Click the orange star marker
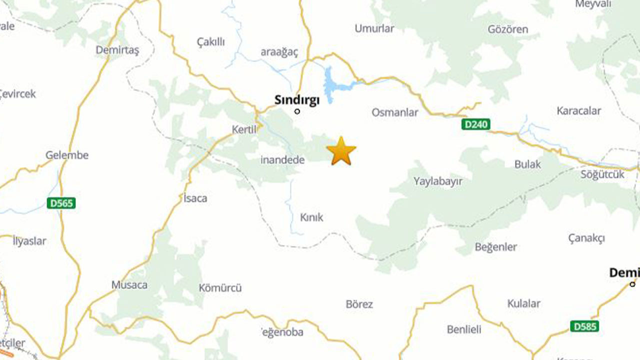click(x=341, y=150)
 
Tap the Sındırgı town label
click(x=297, y=100)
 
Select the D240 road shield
click(x=476, y=124)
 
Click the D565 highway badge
click(x=61, y=203)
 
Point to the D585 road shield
click(x=584, y=326)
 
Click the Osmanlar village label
click(x=394, y=112)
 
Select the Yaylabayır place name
click(x=438, y=181)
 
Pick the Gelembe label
click(x=67, y=155)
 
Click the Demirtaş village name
click(x=117, y=50)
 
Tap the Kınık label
click(x=311, y=217)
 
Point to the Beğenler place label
click(x=496, y=247)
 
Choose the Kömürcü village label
click(x=220, y=288)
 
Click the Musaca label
click(x=129, y=285)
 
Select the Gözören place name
click(x=507, y=29)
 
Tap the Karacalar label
click(x=579, y=111)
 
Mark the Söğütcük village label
click(x=602, y=174)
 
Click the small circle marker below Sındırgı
click(x=297, y=111)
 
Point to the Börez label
click(x=359, y=304)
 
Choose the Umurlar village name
click(x=374, y=28)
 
